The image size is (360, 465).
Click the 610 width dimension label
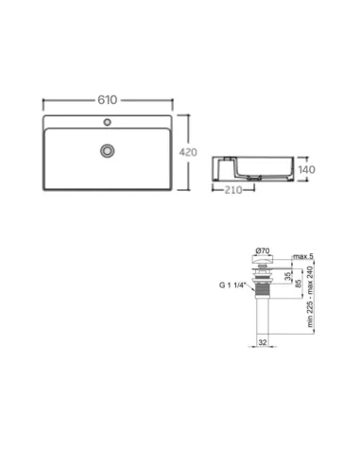point(109,99)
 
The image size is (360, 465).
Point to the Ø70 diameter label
point(264,251)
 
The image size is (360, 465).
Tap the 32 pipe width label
point(264,342)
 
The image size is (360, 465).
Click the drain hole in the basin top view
point(109,149)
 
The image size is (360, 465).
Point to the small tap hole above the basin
point(109,122)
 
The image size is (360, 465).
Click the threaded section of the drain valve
point(264,281)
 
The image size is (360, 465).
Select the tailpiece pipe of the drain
point(264,312)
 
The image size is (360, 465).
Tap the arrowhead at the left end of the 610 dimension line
point(43,99)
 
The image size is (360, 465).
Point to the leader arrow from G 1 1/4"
point(250,282)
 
